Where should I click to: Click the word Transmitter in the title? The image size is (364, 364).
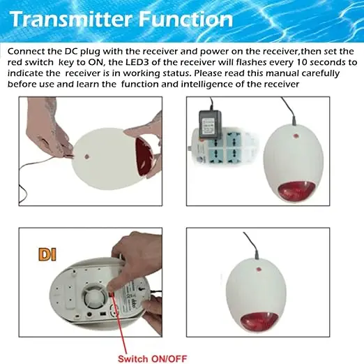click(71, 19)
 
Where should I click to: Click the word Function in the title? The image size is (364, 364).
click(185, 19)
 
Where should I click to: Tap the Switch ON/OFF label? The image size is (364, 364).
click(152, 358)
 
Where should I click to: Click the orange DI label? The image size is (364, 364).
click(47, 255)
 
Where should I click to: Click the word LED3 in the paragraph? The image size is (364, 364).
click(137, 62)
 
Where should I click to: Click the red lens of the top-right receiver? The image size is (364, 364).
click(296, 191)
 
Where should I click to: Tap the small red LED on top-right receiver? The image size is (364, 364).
click(296, 136)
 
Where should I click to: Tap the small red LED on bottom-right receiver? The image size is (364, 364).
click(258, 269)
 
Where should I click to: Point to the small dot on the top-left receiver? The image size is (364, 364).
click(87, 156)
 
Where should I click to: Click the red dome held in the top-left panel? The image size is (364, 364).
click(145, 158)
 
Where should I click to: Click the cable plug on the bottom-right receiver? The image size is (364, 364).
click(257, 255)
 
